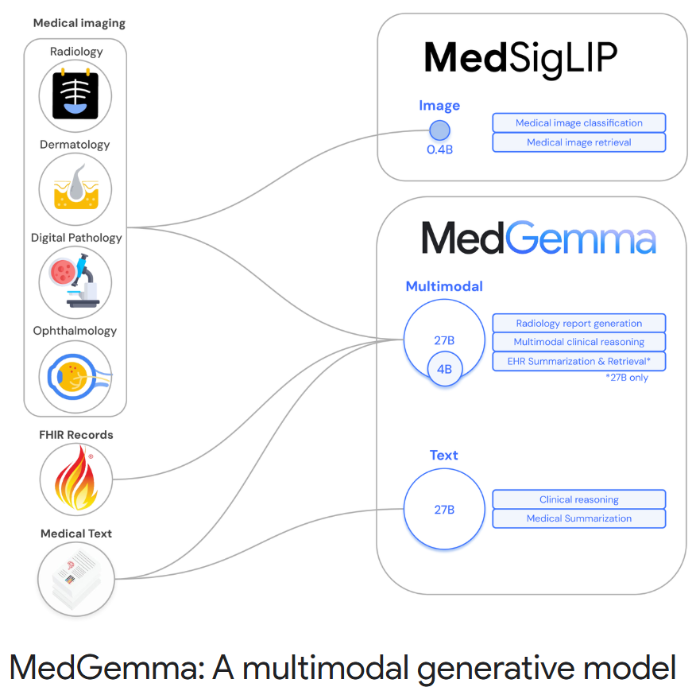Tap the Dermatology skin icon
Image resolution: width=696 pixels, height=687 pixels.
coord(75,189)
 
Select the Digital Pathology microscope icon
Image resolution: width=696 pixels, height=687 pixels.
coord(75,282)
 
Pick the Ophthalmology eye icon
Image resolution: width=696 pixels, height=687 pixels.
coord(75,375)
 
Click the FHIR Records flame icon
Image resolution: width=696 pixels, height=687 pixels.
coord(76,479)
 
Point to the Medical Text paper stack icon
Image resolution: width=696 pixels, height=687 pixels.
coord(76,578)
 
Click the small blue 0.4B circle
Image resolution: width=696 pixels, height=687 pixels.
coord(439,130)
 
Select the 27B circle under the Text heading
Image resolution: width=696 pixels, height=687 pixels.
coord(444,510)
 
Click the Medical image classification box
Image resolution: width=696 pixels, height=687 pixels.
coord(578,123)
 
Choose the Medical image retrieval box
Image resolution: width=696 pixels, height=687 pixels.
coord(578,142)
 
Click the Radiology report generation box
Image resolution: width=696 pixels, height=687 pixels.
coord(578,324)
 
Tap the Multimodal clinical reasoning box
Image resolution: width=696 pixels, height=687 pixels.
coord(578,342)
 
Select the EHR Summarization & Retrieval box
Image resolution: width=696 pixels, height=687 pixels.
coord(578,361)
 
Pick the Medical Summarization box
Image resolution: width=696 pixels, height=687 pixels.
coord(578,518)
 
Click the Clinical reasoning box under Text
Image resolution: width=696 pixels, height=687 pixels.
coord(578,499)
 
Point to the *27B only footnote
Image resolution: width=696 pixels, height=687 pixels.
coord(627,377)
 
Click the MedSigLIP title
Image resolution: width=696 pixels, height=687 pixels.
coord(520,57)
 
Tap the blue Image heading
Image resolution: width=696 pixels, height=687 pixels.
coord(439,106)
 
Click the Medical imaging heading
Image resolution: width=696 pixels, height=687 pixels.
coord(79,23)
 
